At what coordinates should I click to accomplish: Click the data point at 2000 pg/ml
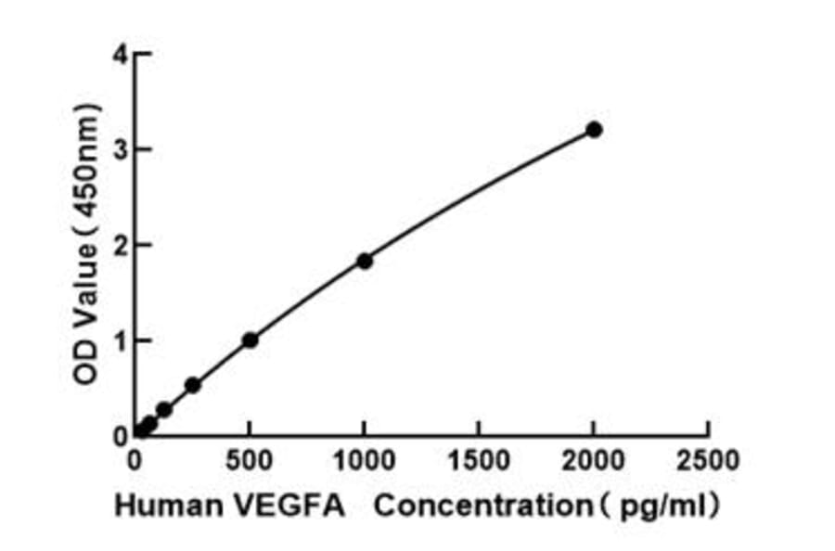tap(594, 130)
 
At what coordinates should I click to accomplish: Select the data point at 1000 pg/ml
tap(365, 262)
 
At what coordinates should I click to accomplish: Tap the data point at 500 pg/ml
tap(250, 340)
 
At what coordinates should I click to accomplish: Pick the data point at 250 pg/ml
tap(193, 385)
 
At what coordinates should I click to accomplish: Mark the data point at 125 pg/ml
tap(164, 409)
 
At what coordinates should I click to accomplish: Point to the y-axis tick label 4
tap(119, 55)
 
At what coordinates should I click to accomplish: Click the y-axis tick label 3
tap(119, 150)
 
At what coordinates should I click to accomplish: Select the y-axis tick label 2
tap(119, 246)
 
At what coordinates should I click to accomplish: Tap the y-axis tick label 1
tap(119, 340)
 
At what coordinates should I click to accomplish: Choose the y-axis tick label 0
tap(119, 435)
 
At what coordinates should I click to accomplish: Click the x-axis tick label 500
tap(250, 460)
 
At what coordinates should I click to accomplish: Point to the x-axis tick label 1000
tap(364, 460)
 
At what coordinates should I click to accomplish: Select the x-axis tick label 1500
tap(479, 460)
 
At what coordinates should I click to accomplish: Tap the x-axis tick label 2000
tap(594, 460)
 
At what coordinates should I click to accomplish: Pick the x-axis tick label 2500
tap(708, 460)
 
